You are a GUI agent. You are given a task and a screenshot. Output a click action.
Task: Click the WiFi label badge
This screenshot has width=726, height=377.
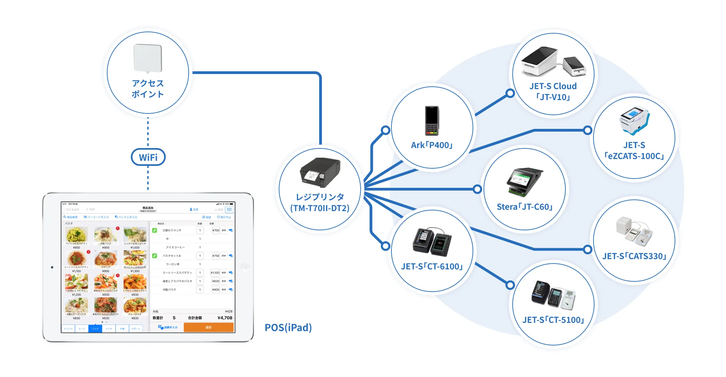tap(148, 157)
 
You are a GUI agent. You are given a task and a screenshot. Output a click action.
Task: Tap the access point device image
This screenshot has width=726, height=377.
tap(148, 58)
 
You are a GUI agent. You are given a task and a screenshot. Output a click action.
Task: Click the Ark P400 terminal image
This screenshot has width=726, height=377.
tap(432, 121)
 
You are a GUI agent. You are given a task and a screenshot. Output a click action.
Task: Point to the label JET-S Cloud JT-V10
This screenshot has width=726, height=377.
tap(553, 92)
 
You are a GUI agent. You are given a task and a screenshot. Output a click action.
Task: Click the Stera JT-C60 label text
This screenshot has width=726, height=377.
tap(525, 207)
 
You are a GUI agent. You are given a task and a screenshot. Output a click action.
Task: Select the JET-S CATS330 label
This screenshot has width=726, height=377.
tap(634, 256)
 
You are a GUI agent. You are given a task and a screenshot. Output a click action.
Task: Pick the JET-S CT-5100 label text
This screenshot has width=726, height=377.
tap(553, 320)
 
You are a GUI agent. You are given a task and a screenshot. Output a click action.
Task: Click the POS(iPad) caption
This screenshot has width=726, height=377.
tap(288, 328)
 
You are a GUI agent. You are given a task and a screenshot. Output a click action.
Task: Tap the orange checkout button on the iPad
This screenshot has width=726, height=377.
tap(209, 327)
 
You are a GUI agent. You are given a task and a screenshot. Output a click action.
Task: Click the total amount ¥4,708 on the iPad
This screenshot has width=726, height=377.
tap(225, 318)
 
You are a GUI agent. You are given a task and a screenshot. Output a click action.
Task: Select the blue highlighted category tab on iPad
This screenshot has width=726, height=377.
tap(95, 329)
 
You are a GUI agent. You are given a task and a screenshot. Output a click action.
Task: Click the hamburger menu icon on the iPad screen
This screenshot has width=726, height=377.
tap(229, 209)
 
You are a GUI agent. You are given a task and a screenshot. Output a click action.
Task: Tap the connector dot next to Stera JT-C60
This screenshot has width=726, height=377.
tap(477, 189)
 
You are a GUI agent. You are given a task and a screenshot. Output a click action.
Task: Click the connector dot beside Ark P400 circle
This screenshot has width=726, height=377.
tap(386, 130)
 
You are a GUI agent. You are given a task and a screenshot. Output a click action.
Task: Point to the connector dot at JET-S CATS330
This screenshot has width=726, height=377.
tap(588, 250)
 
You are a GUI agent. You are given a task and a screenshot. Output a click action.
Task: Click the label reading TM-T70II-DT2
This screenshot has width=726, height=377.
tap(320, 208)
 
